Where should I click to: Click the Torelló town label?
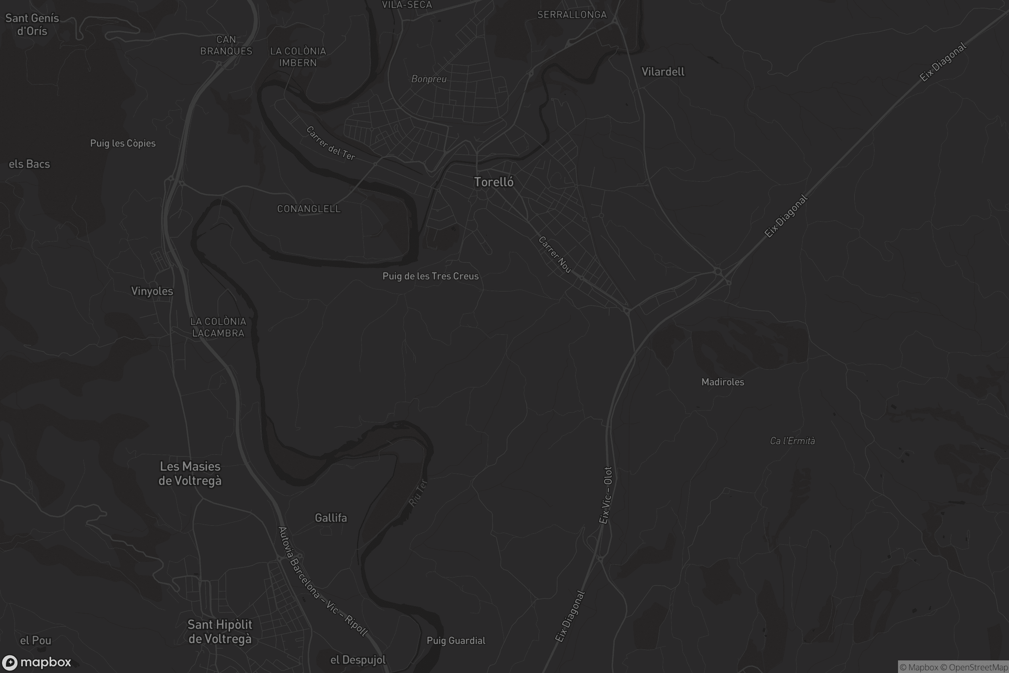tap(493, 182)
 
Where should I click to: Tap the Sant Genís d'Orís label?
tap(32, 24)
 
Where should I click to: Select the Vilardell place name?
tap(663, 72)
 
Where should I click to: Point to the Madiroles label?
tap(722, 382)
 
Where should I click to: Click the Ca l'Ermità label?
tap(792, 441)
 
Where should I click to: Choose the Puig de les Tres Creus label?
tap(430, 276)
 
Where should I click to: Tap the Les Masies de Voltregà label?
tap(190, 474)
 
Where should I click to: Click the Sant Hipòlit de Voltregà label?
tap(219, 631)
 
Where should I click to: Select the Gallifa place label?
tap(331, 518)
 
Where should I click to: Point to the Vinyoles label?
tap(152, 291)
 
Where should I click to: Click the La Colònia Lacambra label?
tap(218, 327)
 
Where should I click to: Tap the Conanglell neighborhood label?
tap(309, 209)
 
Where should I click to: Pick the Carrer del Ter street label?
tap(331, 143)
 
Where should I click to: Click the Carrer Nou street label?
tap(555, 254)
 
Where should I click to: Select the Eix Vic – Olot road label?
tap(606, 495)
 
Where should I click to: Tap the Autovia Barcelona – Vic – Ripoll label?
tap(322, 581)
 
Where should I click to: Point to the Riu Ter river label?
tap(418, 493)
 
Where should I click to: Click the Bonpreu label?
tap(428, 79)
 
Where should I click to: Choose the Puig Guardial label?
tap(456, 641)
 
